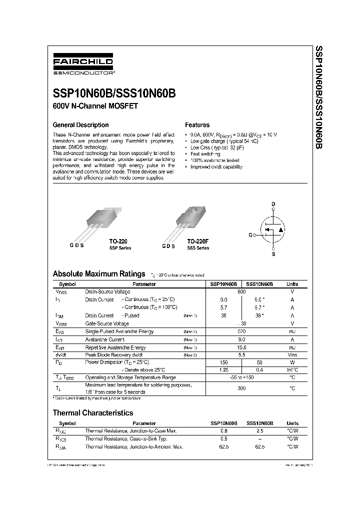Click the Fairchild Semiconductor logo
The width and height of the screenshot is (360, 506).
pos(83,66)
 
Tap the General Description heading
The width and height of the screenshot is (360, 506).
pos(80,125)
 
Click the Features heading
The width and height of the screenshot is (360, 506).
pos(197,125)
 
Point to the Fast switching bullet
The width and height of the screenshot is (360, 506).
pos(205,154)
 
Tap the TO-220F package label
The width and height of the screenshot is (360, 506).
pos(198,240)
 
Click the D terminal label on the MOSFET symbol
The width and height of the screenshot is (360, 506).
pos(273,203)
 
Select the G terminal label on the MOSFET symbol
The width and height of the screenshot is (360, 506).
pos(250,234)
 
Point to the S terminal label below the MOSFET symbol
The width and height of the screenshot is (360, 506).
pos(273,254)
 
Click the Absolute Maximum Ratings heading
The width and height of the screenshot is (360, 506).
pos(99,274)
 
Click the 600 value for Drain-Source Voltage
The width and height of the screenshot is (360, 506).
pos(241,291)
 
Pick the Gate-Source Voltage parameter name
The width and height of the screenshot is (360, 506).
pos(107,323)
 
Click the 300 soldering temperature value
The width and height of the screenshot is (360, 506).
pos(241,388)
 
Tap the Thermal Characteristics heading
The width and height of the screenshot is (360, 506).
pos(93,413)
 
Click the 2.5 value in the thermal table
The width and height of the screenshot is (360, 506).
pos(259,430)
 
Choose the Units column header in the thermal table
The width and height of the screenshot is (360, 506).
pos(292,423)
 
